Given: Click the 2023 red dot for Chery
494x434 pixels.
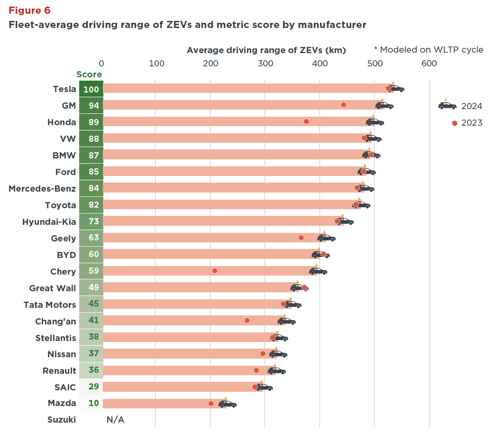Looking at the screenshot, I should click(x=215, y=271).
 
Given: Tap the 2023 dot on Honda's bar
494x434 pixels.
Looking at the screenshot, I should click(x=306, y=122).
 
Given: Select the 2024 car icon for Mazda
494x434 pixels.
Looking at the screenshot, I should click(x=227, y=404).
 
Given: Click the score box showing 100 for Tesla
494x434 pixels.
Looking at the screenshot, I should click(x=91, y=89).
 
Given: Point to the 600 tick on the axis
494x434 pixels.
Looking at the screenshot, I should click(x=429, y=63).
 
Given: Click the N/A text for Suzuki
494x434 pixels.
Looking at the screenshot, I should click(x=115, y=420).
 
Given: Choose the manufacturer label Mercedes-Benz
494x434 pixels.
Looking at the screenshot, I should click(x=42, y=189).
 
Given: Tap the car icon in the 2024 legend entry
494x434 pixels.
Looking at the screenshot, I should click(x=447, y=105).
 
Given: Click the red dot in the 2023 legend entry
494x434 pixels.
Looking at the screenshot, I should click(x=455, y=123).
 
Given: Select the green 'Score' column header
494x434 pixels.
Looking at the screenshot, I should click(x=89, y=74).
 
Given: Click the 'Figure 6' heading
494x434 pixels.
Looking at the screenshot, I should click(x=29, y=10).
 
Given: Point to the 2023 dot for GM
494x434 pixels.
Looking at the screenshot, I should click(x=344, y=105).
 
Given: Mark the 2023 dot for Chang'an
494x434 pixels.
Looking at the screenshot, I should click(x=247, y=321).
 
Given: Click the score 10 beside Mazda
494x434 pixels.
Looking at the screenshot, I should click(x=93, y=404).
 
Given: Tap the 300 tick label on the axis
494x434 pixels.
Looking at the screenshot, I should click(x=265, y=63).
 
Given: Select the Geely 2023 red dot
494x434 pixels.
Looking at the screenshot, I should click(x=301, y=238).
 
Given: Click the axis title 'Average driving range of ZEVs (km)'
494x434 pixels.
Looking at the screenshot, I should click(x=266, y=50).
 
